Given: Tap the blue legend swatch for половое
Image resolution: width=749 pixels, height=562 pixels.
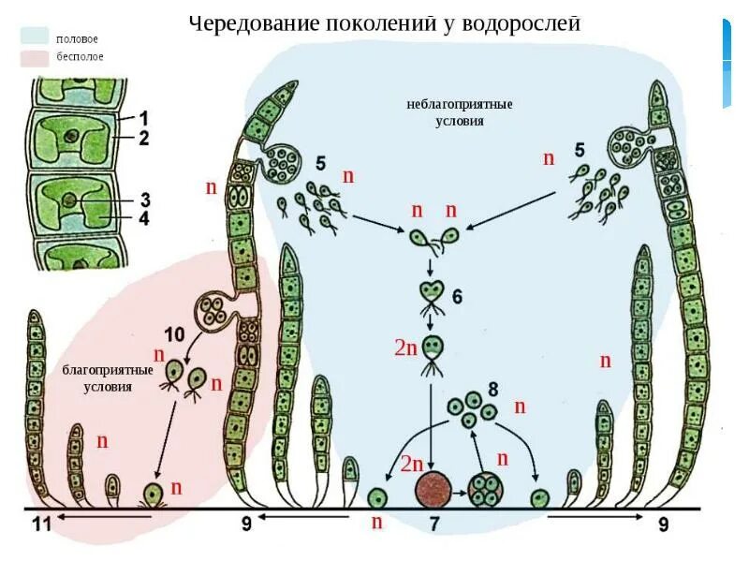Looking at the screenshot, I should tap(35, 37).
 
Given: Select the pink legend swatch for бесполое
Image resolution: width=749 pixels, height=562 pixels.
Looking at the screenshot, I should tap(35, 57).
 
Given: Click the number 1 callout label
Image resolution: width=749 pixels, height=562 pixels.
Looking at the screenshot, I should tap(144, 118).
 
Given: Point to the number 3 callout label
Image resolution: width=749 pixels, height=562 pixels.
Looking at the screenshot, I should tap(145, 199).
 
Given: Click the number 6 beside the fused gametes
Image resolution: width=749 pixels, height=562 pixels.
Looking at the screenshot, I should tap(457, 297).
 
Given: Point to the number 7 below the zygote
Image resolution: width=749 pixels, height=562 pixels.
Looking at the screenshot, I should tap(434, 525).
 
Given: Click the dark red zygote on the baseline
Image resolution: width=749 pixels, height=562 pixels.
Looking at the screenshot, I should tap(433, 489).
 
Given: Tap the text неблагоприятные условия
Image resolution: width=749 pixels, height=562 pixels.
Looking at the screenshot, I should tap(452, 112).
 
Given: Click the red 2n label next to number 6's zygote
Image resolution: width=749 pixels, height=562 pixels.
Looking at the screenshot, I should tap(404, 348).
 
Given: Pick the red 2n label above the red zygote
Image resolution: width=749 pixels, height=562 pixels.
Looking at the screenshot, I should tap(412, 463).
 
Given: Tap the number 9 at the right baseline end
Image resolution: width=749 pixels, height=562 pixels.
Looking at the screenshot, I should tap(663, 525).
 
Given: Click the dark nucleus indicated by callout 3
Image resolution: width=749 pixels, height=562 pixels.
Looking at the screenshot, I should tap(69, 200).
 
